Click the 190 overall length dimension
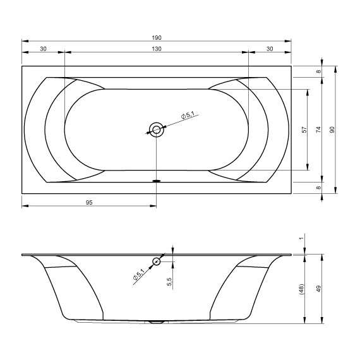coord(157,37)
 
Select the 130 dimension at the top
coord(157,49)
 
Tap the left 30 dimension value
coord(43,49)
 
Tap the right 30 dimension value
coord(270,49)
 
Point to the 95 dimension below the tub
coord(89,202)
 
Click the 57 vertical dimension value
coord(304,129)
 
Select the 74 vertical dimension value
coord(318,129)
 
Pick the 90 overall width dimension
coord(332,129)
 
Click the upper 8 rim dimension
coord(318,71)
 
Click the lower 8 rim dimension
coord(318,188)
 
